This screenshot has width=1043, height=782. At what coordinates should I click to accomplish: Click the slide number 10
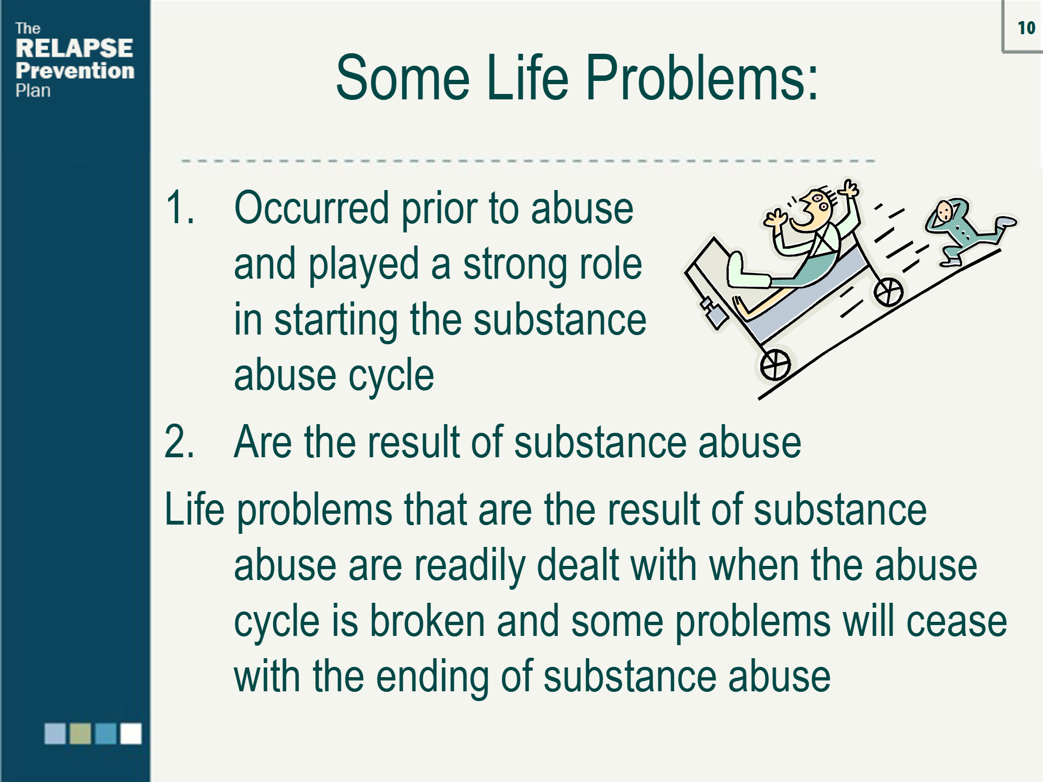click(x=1026, y=28)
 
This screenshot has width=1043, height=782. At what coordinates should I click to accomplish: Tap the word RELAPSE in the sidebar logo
click(x=74, y=48)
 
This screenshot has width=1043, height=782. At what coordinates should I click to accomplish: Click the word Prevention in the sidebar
click(x=75, y=71)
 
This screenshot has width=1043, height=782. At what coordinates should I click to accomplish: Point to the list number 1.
click(x=179, y=207)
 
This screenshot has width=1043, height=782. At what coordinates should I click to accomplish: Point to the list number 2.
click(x=179, y=442)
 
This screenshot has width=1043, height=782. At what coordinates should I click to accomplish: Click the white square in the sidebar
click(x=131, y=733)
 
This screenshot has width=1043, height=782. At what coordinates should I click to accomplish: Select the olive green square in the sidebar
click(x=80, y=733)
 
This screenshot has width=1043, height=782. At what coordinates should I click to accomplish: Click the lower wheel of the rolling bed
click(x=775, y=365)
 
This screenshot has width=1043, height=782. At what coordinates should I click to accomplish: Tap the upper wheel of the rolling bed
click(x=888, y=292)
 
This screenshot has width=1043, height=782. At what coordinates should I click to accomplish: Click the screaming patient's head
click(x=813, y=209)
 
